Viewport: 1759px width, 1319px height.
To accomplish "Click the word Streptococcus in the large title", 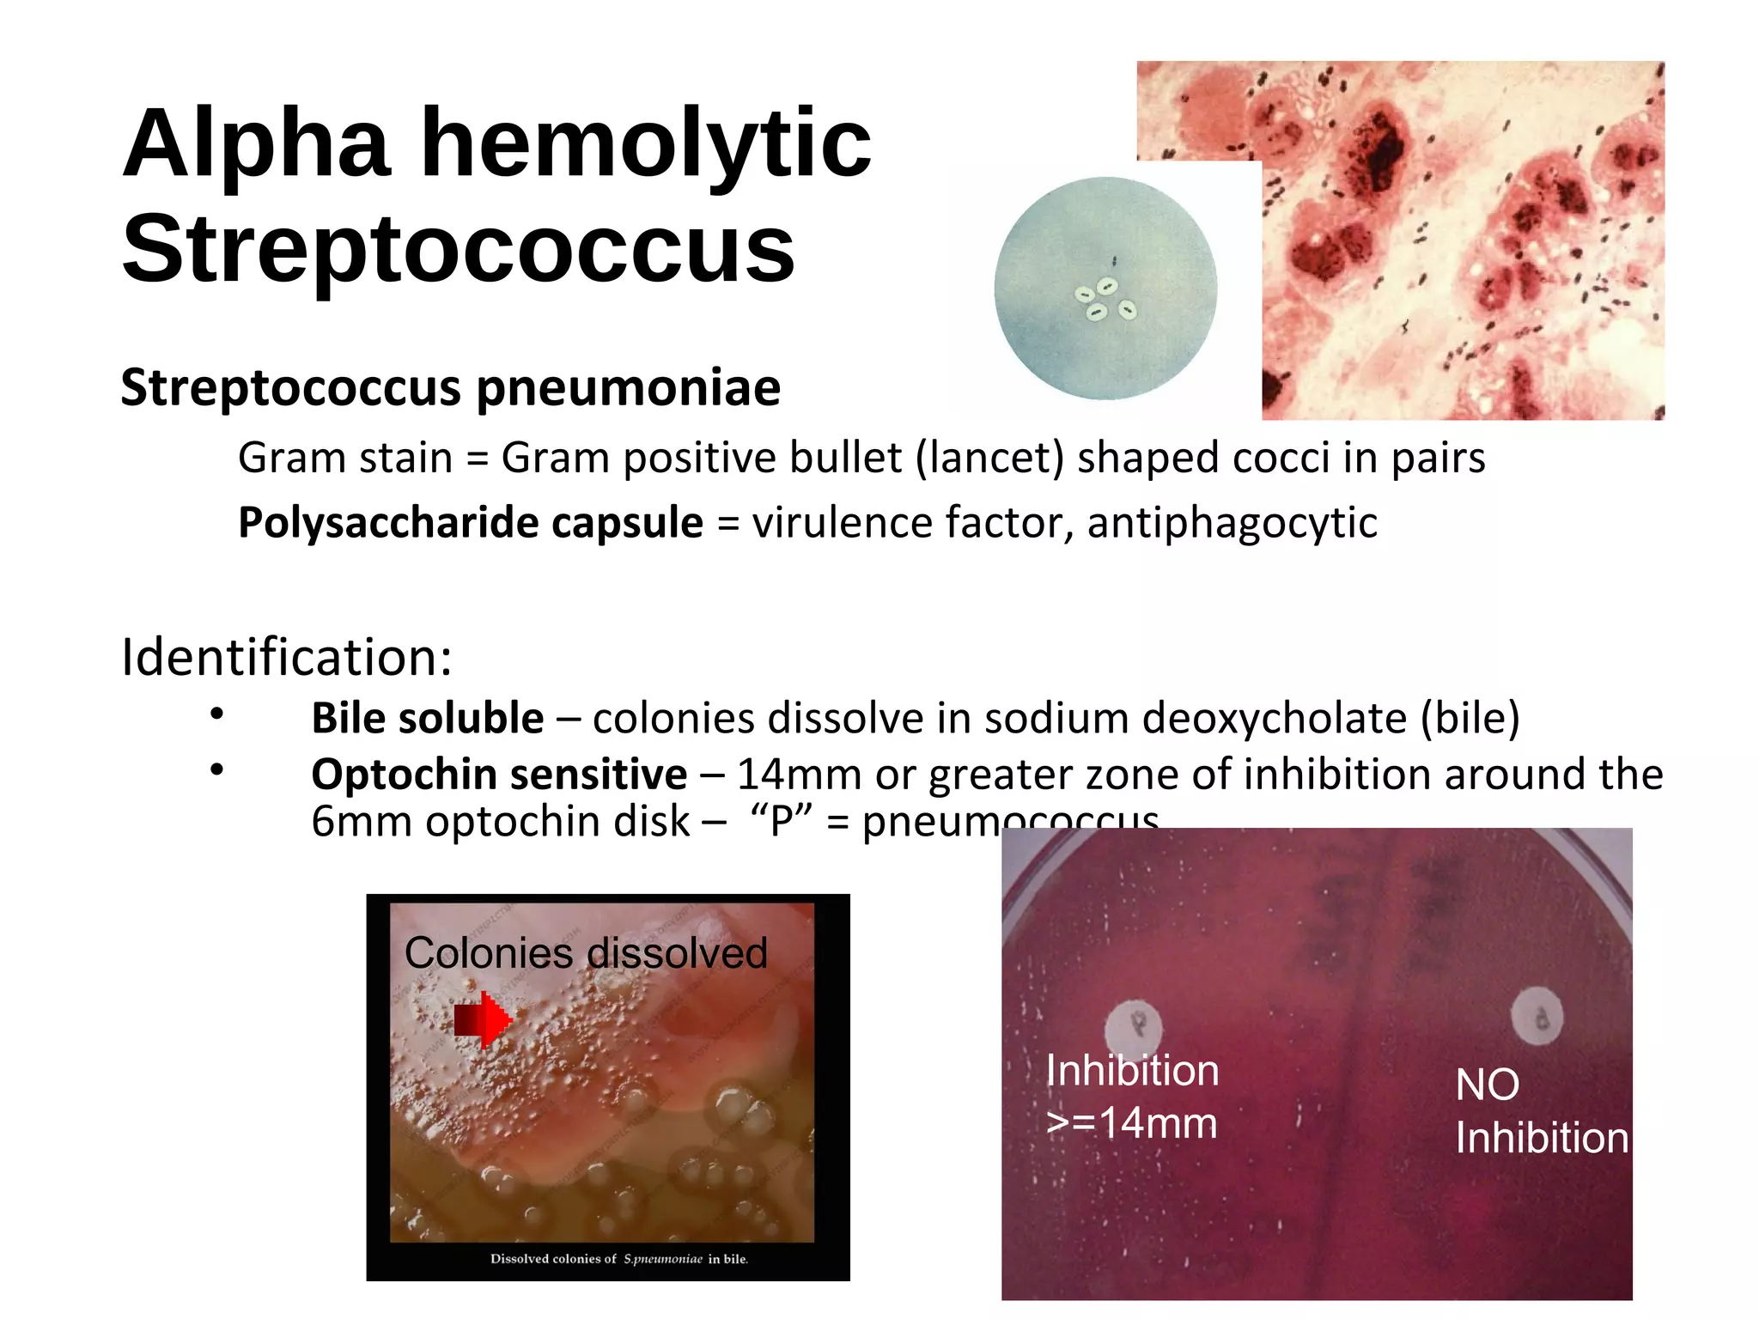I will pos(459,249).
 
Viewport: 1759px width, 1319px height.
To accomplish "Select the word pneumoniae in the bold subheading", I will pos(628,388).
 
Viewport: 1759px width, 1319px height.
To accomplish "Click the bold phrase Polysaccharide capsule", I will pos(471,523).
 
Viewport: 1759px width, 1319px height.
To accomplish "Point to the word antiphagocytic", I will pos(1232,523).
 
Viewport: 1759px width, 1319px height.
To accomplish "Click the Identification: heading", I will pos(286,658).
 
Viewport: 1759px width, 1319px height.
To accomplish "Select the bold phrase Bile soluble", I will pos(427,719).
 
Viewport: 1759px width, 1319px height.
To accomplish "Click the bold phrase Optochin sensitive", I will pos(499,775).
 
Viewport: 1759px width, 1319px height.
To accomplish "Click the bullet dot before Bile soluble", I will pos(217,714).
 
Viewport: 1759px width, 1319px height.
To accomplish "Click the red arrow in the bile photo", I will pos(483,1020).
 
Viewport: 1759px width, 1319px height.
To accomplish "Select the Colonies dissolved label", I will pos(586,953).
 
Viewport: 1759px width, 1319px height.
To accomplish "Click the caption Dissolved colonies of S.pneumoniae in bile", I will pos(618,1259).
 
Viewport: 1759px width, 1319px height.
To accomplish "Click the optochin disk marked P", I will pos(1133,1026).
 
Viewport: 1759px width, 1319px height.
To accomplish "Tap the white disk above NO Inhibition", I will pos(1537,1015).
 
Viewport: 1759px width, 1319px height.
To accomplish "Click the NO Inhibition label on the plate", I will pos(1541,1111).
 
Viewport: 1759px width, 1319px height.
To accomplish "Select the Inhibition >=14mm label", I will pos(1132,1097).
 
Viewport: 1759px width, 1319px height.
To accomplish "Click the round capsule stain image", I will pos(1105,289).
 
